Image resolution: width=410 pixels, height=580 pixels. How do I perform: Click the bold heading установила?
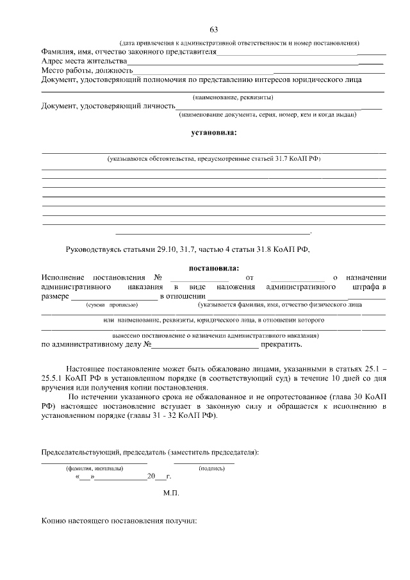tap(213, 133)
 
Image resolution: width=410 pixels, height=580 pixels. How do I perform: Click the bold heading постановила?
tap(213, 268)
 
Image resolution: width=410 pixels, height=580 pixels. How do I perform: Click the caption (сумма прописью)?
tap(111, 305)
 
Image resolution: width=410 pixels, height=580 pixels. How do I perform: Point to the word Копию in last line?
tap(55, 522)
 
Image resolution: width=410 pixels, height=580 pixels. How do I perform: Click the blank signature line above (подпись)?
tap(204, 461)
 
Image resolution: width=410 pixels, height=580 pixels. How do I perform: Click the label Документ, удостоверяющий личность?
tap(108, 106)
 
